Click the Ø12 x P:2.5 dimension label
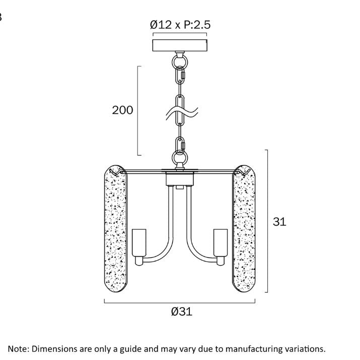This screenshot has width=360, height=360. [180, 25]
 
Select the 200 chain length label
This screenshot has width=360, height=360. [122, 110]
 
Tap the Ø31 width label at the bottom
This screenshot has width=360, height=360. [182, 312]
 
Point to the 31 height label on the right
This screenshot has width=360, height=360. [279, 222]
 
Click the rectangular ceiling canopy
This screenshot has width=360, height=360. [180, 45]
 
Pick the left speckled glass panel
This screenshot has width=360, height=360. [116, 228]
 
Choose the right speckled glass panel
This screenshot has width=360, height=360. [244, 228]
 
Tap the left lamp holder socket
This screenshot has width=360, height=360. [139, 243]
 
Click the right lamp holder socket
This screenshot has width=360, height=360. [221, 243]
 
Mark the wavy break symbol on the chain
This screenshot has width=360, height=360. [182, 113]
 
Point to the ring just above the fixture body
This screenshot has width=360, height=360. [180, 158]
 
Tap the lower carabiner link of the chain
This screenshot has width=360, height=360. [180, 146]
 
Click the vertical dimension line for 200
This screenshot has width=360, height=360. [138, 111]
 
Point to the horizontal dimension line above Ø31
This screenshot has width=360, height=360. [180, 303]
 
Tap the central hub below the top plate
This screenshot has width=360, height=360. [180, 179]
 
